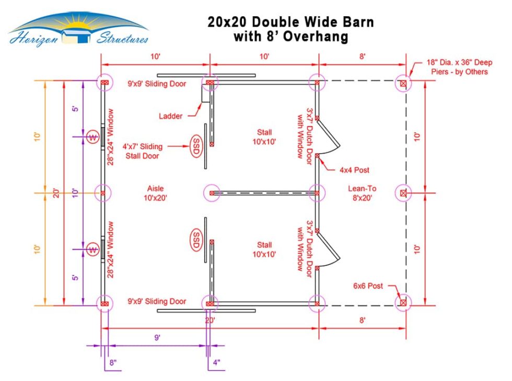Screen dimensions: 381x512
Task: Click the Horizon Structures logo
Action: tap(78, 30)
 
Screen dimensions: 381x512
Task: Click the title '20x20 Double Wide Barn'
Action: tap(290, 22)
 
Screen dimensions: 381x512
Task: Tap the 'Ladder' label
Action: tap(171, 116)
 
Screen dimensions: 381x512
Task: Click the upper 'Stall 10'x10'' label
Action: tap(264, 136)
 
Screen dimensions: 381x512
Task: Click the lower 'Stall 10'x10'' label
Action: tap(264, 249)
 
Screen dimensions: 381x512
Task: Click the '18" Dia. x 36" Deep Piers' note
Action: tap(456, 68)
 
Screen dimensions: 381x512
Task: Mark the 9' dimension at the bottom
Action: tap(157, 338)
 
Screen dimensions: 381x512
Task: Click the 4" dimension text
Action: tap(216, 362)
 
